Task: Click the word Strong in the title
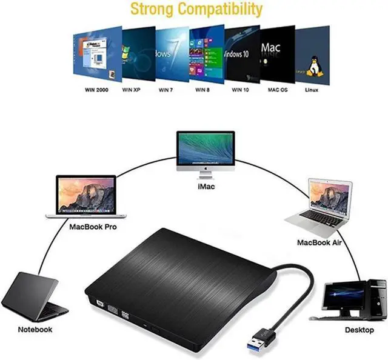click(154, 10)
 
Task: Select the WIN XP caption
click(132, 89)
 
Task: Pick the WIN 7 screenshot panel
click(170, 53)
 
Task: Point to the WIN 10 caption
click(240, 89)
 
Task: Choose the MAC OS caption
click(277, 89)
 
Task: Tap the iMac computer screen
click(206, 150)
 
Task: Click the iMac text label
click(206, 187)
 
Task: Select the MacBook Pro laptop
click(87, 198)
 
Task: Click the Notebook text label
click(35, 330)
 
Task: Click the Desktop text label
click(360, 330)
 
